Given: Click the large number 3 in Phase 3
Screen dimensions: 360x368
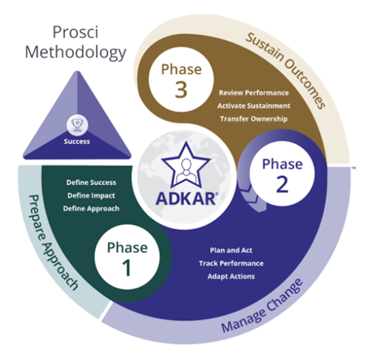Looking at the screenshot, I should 182,90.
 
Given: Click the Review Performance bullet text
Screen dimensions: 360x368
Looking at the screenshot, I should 253,93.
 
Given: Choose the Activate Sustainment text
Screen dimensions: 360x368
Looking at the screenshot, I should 253,106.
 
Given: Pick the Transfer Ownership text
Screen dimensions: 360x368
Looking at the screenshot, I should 253,119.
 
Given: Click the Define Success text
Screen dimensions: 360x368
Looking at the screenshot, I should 91,183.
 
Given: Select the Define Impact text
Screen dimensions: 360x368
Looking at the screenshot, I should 91,196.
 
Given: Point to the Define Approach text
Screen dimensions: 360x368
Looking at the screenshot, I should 91,209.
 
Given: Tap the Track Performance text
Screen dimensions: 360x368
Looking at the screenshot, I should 231,263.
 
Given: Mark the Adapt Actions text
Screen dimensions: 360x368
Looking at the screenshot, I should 231,276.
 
